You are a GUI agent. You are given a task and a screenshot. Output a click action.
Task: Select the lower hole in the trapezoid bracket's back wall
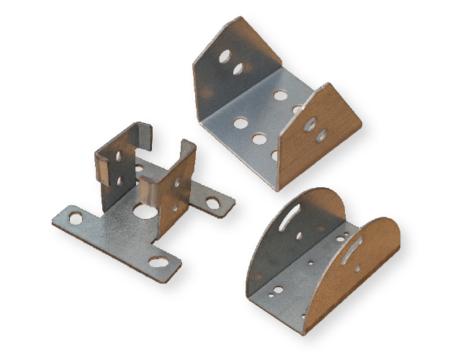tap(238, 69)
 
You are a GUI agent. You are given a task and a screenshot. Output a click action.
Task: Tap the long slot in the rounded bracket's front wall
tap(353, 251)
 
